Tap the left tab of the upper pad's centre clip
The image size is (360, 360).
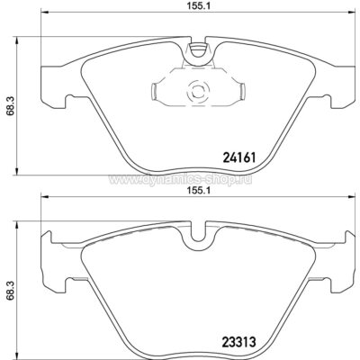(157, 90)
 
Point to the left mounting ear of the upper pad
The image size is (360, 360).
(52, 85)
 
